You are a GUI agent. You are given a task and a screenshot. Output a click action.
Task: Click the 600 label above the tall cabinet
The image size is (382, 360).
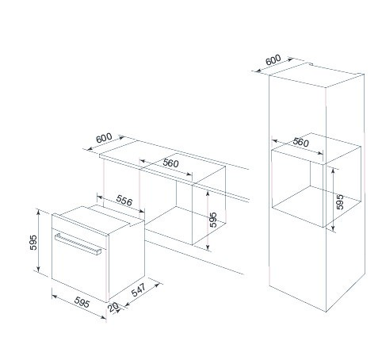[273, 60]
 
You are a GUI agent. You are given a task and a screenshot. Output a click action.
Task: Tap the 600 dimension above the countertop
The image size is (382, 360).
[104, 138]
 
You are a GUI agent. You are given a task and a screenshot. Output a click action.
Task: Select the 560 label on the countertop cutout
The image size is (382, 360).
[170, 163]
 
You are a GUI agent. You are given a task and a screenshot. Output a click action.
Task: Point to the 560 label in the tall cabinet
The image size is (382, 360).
[300, 142]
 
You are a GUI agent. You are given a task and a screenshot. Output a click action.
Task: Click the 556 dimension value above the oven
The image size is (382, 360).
[124, 201]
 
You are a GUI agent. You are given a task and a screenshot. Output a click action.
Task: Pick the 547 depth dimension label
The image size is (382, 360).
[139, 289]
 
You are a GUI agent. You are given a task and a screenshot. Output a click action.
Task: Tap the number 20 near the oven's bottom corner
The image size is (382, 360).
[113, 307]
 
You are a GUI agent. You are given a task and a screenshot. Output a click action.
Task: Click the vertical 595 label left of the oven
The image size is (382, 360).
[33, 243]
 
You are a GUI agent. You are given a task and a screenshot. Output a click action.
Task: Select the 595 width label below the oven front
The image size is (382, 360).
[82, 302]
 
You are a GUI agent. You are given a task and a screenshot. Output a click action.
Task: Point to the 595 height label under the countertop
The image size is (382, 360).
[213, 220]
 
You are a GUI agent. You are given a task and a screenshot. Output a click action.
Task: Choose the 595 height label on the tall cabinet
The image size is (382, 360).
[340, 202]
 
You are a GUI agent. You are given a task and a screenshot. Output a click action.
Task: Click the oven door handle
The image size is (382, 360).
[78, 243]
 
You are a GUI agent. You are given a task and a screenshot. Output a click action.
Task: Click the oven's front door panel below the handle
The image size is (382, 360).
[79, 270]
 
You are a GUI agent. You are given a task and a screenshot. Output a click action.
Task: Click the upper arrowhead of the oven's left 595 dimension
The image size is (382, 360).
[38, 212]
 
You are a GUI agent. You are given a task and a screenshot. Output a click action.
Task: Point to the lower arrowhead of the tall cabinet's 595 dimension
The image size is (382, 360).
[333, 228]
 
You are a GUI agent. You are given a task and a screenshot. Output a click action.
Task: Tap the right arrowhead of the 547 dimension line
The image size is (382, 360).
[158, 285]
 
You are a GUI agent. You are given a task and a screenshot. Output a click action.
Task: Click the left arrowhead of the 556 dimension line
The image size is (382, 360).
[100, 197]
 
